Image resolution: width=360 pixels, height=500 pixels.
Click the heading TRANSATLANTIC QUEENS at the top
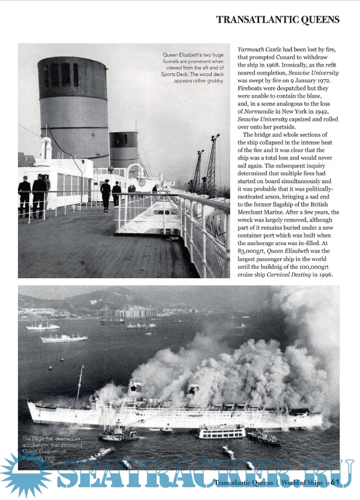coord(278,20)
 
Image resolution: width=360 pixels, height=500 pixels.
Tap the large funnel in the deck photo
coord(66,111)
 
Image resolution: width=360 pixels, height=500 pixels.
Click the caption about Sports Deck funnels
coord(194,68)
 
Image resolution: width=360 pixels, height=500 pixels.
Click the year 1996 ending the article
coord(325,275)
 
